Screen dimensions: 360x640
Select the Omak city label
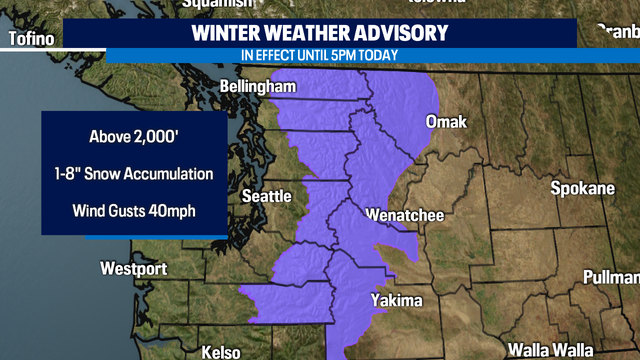[446, 122]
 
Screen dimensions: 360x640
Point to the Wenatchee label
[399, 215]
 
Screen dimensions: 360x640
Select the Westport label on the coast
[133, 269]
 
